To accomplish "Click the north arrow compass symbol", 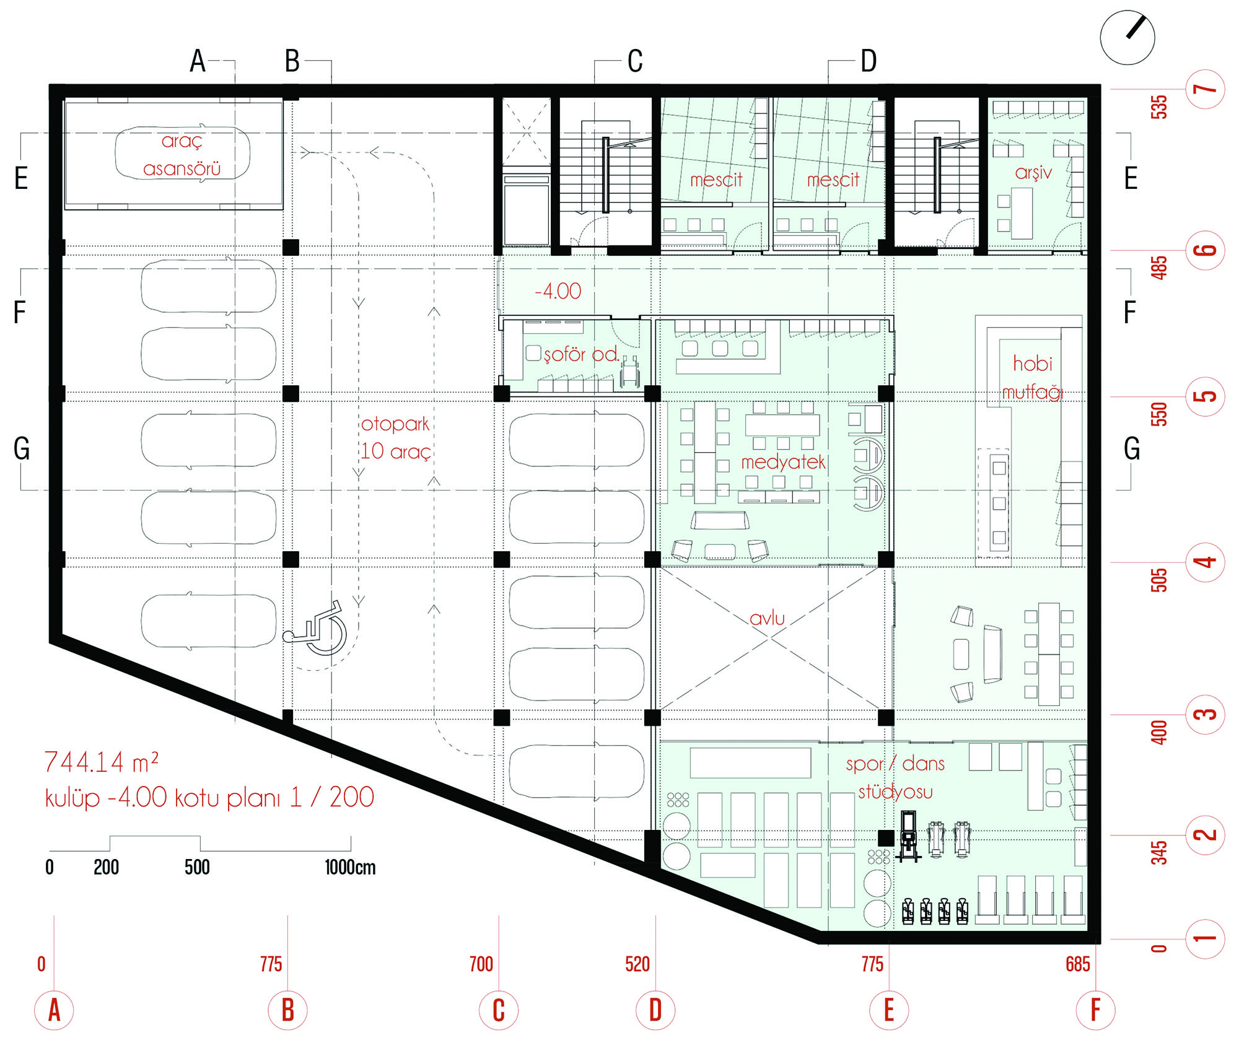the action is click(1127, 37).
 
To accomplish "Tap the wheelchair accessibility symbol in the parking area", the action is click(315, 628).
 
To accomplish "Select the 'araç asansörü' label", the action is click(182, 155).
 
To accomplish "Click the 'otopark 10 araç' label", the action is click(396, 437).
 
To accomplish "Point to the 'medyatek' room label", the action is click(783, 461).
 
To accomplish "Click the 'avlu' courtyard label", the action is click(767, 617).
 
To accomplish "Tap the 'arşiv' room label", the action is click(1033, 172).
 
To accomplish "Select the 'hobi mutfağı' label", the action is click(1033, 377).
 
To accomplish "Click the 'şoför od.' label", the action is click(582, 354).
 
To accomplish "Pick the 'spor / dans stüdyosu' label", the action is click(895, 778).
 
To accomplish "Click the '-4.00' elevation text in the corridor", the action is click(558, 290).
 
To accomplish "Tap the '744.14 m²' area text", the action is click(102, 762).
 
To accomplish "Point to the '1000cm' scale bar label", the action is click(350, 867).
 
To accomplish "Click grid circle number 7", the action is click(1205, 89).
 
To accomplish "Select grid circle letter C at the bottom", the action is click(499, 1010).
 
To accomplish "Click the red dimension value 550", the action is click(1158, 414).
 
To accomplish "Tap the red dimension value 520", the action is click(637, 964).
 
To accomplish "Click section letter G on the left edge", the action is click(22, 448).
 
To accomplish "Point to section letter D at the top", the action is click(869, 61).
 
